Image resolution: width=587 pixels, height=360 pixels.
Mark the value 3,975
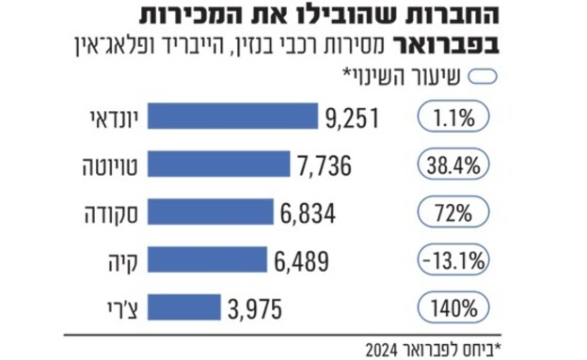coord(255,307)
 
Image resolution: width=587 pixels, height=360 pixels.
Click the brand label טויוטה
coord(109,166)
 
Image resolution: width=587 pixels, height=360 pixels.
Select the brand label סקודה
coord(109,213)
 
